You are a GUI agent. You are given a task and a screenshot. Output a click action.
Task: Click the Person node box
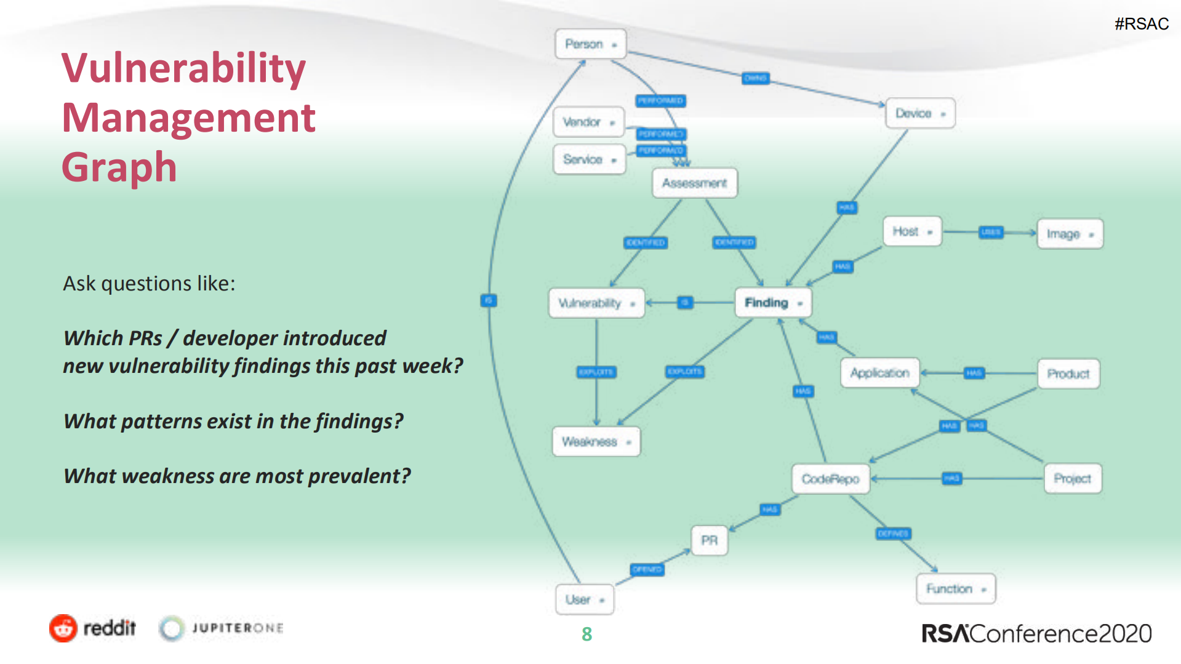tap(590, 44)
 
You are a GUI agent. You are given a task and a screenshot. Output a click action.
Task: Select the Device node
tap(919, 113)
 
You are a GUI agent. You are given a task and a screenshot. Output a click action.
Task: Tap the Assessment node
tap(694, 183)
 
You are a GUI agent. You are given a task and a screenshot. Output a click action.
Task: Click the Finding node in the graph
tap(773, 303)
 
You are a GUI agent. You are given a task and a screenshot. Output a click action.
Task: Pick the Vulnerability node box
tap(596, 303)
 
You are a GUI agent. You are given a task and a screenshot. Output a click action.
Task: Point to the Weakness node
tap(596, 442)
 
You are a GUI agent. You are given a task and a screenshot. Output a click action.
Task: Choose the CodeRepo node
tap(830, 479)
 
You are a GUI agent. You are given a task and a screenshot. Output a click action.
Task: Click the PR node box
tap(709, 540)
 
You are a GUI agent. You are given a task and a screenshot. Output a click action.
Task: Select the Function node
tap(955, 589)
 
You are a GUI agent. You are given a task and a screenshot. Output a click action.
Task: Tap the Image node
tap(1070, 234)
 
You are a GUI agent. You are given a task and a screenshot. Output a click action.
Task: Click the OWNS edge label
tap(755, 78)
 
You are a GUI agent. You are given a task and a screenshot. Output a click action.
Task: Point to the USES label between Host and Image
tap(991, 232)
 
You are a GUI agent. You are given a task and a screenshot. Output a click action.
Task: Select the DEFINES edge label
tap(893, 534)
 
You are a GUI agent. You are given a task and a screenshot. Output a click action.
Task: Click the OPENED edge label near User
tap(647, 569)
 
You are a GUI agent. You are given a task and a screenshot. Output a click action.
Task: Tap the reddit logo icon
tap(63, 628)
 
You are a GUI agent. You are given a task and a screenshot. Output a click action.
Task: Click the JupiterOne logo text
tap(237, 628)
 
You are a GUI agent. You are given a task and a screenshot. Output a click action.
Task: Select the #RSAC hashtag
tap(1141, 24)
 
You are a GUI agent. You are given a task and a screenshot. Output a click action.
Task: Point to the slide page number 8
tap(586, 634)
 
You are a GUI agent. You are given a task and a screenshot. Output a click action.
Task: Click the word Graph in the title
tap(119, 167)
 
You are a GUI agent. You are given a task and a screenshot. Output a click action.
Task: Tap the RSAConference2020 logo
tap(1036, 634)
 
